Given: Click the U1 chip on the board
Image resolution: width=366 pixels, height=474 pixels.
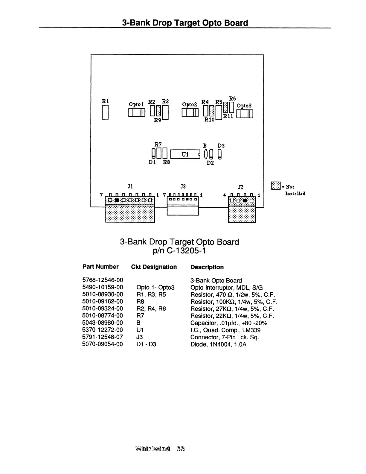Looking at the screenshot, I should coord(185,154).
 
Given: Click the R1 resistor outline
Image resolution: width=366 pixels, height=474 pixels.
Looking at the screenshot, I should coord(105,113).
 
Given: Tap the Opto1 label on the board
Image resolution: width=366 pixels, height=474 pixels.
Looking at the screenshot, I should coord(136,104).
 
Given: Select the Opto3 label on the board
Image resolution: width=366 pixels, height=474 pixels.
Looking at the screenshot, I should coord(244,106).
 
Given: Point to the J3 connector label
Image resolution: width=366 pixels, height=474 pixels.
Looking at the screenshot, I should coord(183,186).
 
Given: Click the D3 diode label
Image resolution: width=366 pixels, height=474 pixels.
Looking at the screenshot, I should coord(221,146).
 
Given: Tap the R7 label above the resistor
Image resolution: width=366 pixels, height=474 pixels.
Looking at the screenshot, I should coord(158,144).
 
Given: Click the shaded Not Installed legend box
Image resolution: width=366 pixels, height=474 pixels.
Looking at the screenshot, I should coord(275,186).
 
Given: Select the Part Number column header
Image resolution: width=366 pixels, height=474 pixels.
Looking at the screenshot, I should coord(100,267).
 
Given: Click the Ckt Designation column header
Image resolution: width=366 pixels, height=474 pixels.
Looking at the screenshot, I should coord(154,267).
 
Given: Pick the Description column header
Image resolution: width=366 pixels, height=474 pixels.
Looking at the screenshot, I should coord(207,267).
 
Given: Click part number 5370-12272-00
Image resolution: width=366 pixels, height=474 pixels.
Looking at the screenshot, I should coord(103,330).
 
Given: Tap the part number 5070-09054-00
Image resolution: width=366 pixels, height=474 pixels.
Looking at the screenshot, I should coord(103,344).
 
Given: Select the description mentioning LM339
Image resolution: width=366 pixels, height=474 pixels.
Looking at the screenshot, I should coord(225,330).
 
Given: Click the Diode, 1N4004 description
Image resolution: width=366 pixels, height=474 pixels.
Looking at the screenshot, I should coord(218,344).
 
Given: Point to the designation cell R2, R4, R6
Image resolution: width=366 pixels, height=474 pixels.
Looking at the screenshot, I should coord(151,309).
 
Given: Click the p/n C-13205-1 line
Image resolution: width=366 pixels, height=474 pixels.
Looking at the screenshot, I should coord(179,250).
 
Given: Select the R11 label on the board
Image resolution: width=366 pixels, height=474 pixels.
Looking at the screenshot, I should coord(228,116).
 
